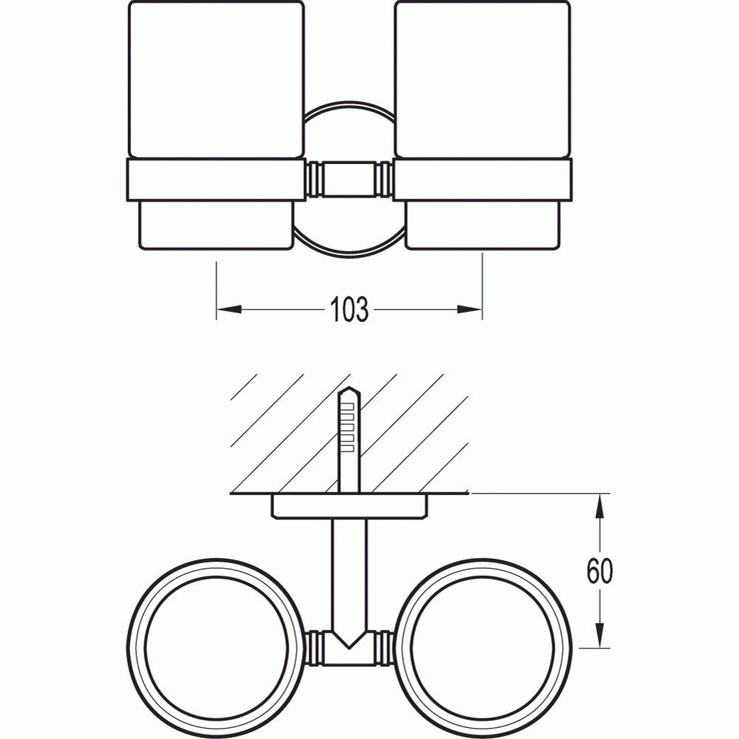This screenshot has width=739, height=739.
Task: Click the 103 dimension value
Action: [349, 310]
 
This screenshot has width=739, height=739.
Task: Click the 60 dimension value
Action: [599, 571]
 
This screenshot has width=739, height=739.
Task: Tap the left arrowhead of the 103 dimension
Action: [229, 310]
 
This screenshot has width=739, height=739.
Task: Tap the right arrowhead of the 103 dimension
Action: [469, 310]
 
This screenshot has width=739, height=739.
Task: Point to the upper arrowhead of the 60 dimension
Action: [599, 506]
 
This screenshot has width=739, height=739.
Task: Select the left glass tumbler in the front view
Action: [217, 79]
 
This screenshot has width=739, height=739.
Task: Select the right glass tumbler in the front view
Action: [483, 79]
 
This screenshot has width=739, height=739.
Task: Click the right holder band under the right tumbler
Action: [483, 180]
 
